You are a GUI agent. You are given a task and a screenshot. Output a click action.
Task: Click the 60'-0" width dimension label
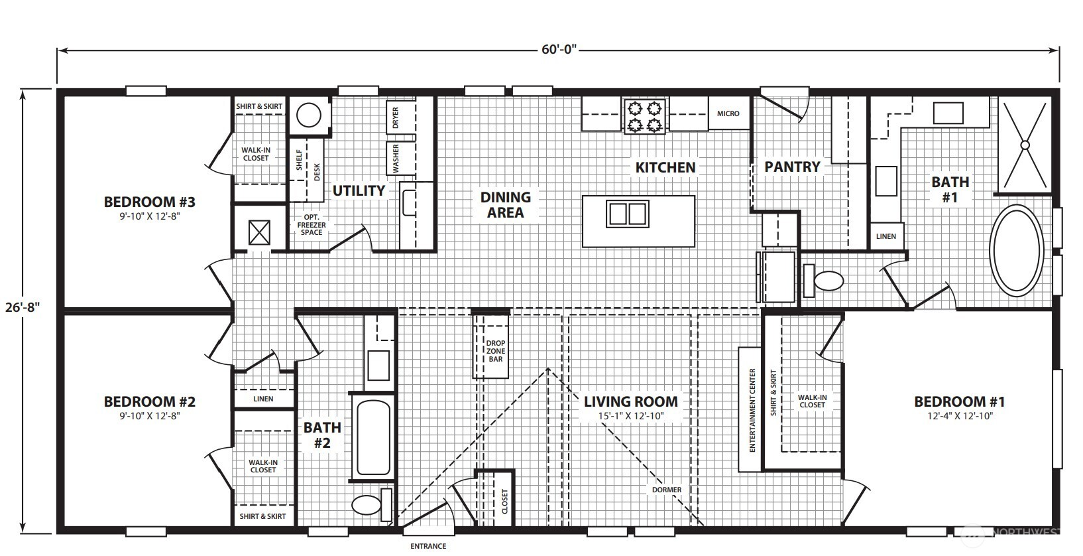[x=559, y=49]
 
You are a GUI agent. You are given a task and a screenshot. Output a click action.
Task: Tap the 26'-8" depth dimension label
[x=23, y=307]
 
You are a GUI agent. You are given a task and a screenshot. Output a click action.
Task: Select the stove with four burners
[x=644, y=116]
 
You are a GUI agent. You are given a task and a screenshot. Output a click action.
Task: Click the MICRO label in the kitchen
[x=728, y=113]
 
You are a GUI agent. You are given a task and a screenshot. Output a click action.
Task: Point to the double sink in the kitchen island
[x=628, y=214]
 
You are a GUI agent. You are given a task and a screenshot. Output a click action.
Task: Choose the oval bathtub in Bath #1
[x=1016, y=251]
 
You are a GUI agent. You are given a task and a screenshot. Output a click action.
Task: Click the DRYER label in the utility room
[x=396, y=117]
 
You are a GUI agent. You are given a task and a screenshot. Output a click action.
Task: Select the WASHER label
[x=396, y=158]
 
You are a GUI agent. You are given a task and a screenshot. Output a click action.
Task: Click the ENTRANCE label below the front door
[x=428, y=546]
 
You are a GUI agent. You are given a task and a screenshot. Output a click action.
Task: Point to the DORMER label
[x=667, y=490]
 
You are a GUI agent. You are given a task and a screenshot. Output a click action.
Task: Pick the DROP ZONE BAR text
[x=496, y=351]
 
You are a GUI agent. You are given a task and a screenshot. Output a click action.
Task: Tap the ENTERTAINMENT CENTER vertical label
[x=752, y=410]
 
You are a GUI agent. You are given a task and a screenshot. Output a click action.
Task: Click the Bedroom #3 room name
[x=149, y=202]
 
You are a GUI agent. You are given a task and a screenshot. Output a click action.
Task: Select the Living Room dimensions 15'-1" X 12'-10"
[x=631, y=415]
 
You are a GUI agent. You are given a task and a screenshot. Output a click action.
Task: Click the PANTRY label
[x=792, y=167]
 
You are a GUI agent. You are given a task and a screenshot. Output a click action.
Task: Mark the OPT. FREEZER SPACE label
[x=312, y=225]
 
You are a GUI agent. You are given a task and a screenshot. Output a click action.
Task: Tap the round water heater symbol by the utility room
[x=308, y=115]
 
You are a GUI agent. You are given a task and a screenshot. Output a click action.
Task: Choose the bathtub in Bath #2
[x=373, y=437]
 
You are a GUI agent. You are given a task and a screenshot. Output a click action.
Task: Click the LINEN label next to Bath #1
[x=886, y=236]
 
